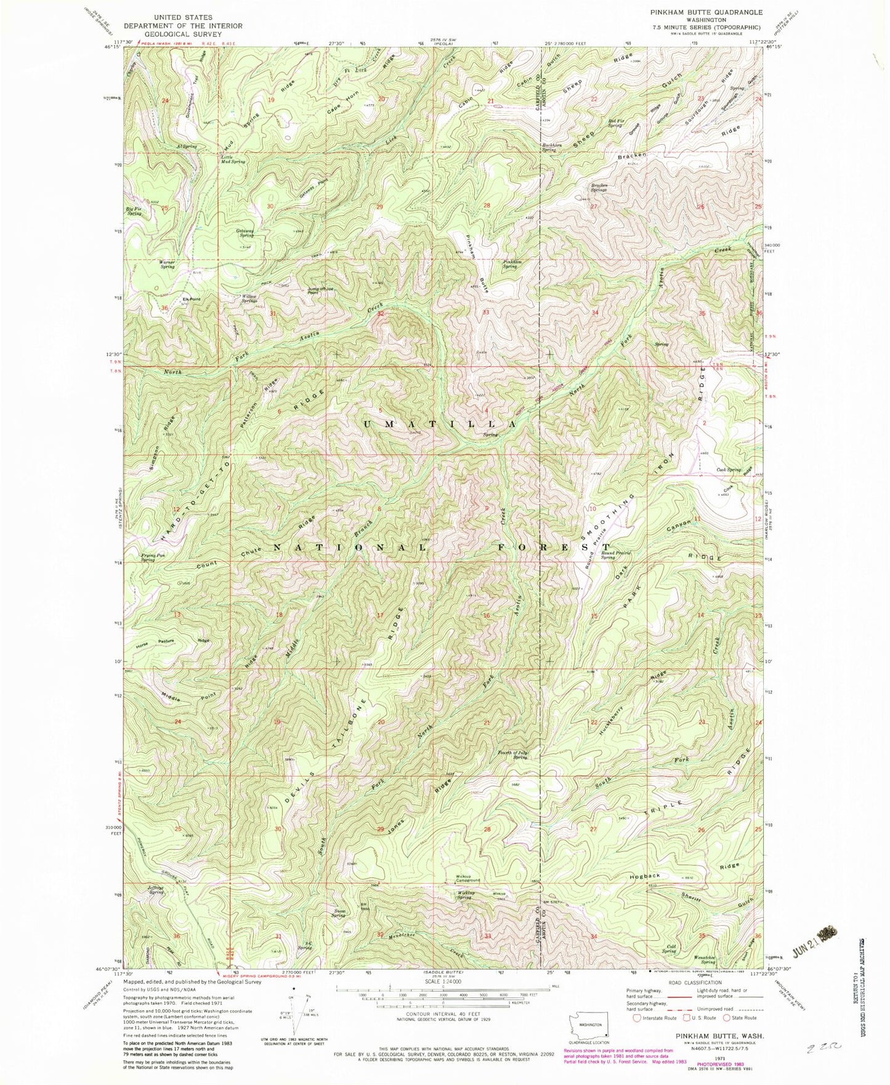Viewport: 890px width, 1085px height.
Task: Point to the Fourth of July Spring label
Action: [512, 755]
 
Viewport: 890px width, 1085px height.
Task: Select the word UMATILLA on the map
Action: [439, 424]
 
